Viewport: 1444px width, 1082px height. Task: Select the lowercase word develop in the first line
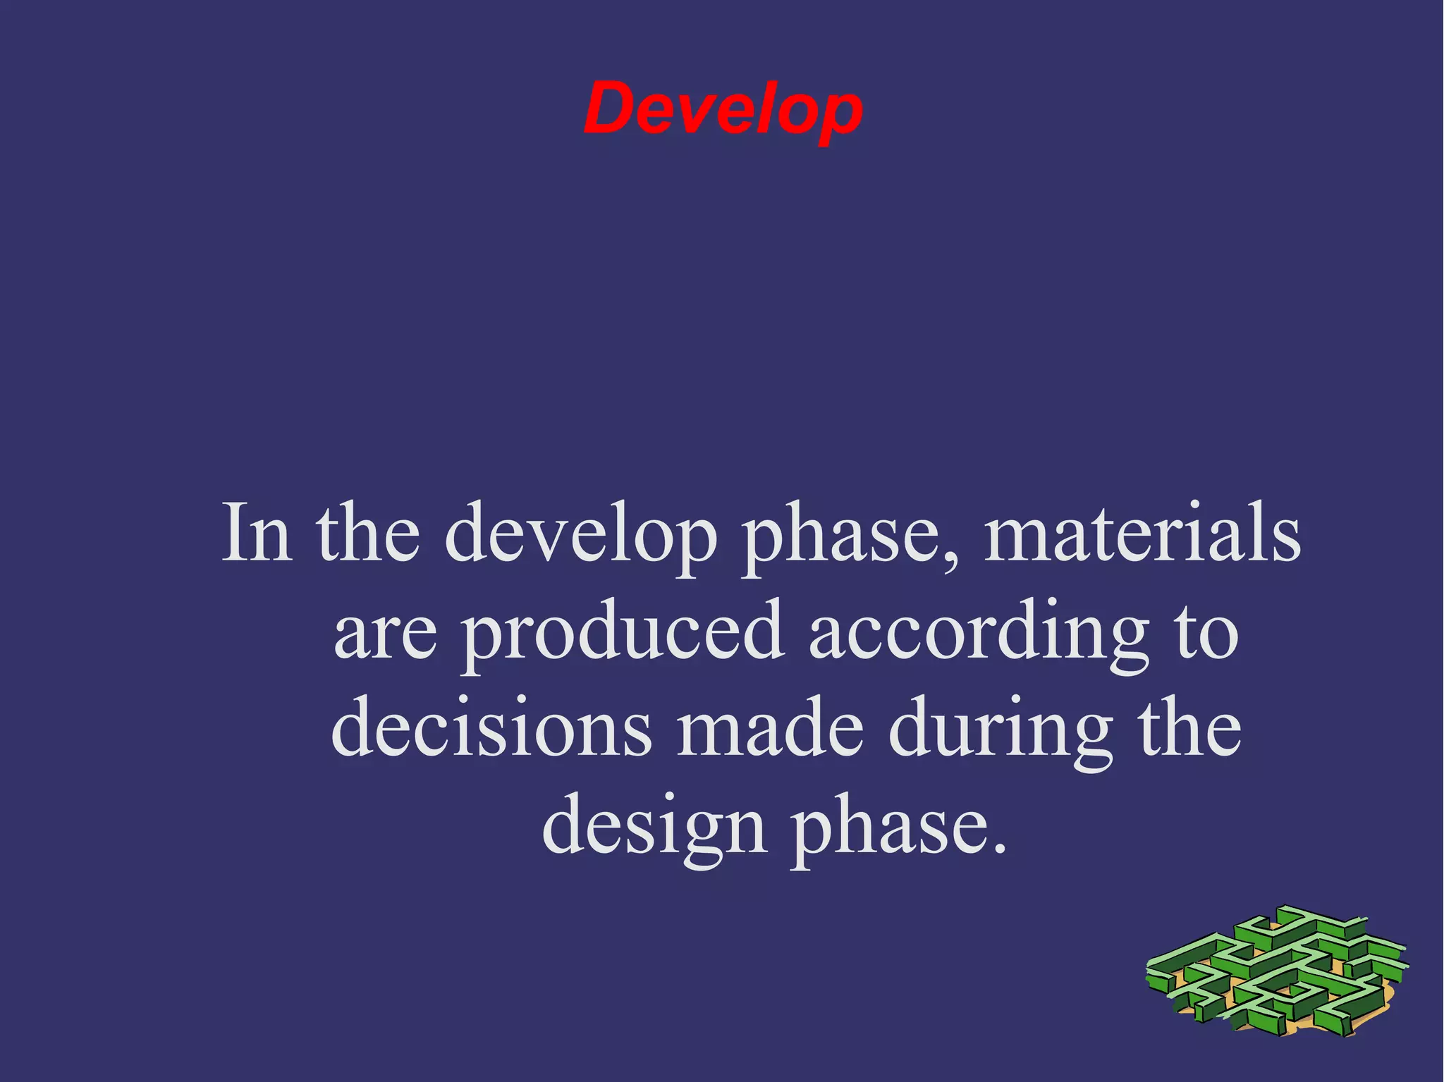580,534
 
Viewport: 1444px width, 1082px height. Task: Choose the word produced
623,632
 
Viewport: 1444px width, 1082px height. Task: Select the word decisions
491,728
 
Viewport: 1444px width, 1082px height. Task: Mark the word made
770,728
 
